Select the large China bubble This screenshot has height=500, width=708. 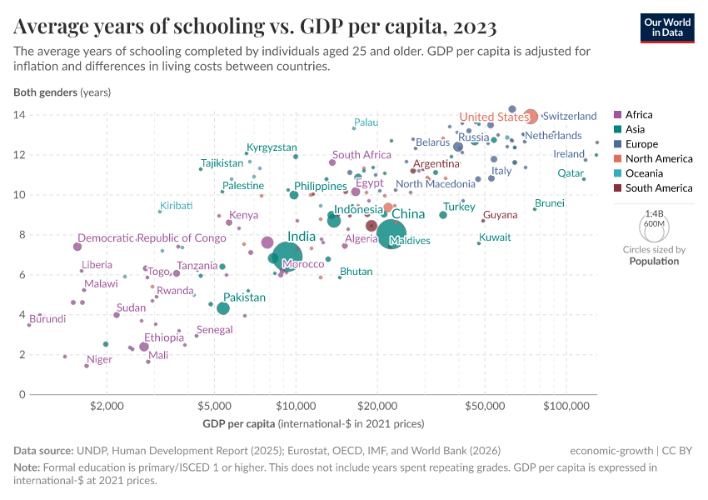coord(391,234)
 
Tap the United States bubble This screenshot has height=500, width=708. coord(530,117)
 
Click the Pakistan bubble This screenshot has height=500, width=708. coord(223,308)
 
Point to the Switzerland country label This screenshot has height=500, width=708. coord(570,116)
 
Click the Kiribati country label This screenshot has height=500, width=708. coord(177,205)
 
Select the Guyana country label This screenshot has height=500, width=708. coord(500,215)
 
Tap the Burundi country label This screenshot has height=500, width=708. coord(47,318)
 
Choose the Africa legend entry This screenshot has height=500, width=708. coord(639,115)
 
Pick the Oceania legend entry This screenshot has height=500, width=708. coord(645,173)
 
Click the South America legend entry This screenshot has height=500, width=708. coord(658,188)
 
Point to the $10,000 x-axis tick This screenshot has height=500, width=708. coord(295,406)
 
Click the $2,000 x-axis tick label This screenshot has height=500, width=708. coord(107,406)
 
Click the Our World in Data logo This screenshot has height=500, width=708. coord(668,27)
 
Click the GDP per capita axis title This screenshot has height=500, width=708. coord(313,424)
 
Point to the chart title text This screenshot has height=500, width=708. coord(256,27)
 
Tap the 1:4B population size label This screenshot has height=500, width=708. coord(654,214)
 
